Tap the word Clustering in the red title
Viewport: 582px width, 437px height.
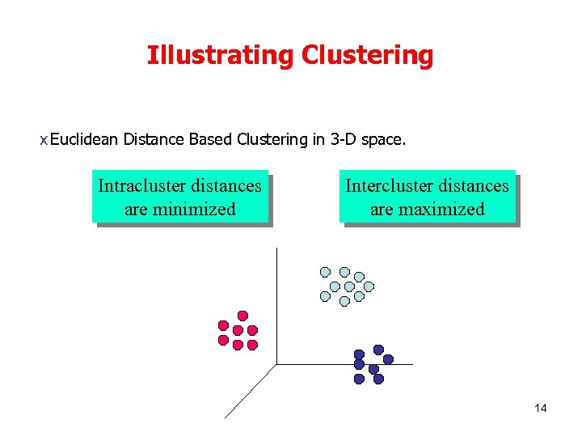point(367,56)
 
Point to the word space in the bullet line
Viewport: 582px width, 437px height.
point(382,140)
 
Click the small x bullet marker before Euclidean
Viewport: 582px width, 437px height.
point(44,141)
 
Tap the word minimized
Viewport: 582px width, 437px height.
point(197,210)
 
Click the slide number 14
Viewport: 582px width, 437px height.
point(541,408)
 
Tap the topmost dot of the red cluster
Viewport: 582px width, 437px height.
point(242,315)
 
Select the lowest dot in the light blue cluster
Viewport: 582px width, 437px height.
point(344,301)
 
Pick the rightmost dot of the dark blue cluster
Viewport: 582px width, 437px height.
point(388,359)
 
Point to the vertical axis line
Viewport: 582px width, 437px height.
point(276,308)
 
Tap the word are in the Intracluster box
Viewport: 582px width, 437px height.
point(136,210)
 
